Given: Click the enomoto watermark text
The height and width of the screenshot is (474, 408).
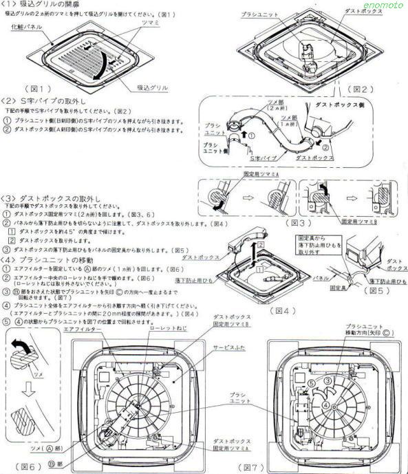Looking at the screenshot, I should [x=385, y=5].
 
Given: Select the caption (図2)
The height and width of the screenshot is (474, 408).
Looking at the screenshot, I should [x=360, y=89].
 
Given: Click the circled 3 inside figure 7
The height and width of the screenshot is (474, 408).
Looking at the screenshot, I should [x=328, y=381].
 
